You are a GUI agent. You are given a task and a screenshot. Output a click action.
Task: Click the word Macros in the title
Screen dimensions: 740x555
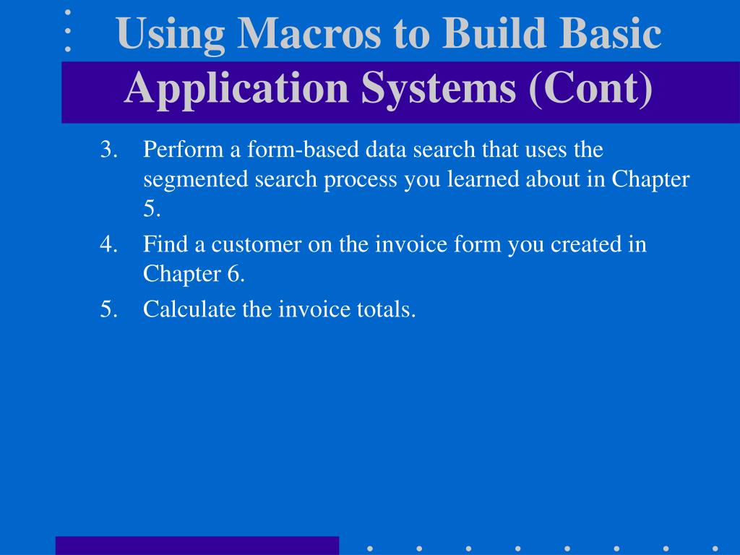[309, 33]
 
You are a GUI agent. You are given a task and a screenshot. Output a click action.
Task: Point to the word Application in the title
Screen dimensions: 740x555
[236, 90]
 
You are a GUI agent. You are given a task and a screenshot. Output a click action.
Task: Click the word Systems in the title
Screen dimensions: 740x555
[439, 88]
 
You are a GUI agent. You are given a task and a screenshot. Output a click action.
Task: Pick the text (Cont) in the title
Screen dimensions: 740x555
[591, 89]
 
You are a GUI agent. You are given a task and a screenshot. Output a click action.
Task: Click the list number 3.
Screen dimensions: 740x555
[108, 149]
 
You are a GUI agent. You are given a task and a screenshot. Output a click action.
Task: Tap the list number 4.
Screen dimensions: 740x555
[108, 244]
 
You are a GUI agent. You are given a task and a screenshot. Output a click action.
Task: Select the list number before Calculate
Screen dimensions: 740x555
[108, 309]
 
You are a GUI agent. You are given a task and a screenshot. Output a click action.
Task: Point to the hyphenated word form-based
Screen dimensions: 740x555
[303, 149]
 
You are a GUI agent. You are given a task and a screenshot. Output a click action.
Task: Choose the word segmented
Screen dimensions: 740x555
[196, 180]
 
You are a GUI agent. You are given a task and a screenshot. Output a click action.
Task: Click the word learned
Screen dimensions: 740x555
[483, 179]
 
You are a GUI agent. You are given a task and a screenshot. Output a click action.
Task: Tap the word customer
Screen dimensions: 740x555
[257, 245]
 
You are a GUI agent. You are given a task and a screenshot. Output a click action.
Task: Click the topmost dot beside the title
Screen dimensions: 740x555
[68, 13]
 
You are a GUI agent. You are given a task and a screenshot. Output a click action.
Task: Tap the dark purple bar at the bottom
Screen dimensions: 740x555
[197, 546]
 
